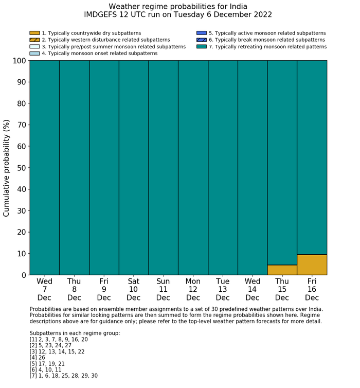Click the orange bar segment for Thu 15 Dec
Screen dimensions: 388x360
[x=282, y=270]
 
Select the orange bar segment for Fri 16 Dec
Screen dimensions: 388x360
[x=312, y=264]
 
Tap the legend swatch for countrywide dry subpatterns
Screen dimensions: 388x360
[x=34, y=33]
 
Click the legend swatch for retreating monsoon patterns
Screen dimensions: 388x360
[x=201, y=46]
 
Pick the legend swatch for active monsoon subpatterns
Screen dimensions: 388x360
[x=201, y=33]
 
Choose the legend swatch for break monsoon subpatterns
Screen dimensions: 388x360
[x=201, y=40]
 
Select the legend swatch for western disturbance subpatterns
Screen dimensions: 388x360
[x=34, y=40]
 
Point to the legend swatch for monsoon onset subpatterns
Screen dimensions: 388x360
[x=34, y=53]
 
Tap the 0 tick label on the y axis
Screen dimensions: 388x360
[x=23, y=275]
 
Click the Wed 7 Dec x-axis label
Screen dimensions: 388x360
[x=44, y=289]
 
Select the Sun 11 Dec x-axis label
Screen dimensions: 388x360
[x=163, y=289]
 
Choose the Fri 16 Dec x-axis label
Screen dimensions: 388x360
[x=312, y=289]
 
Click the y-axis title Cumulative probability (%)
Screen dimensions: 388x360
[x=7, y=168]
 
